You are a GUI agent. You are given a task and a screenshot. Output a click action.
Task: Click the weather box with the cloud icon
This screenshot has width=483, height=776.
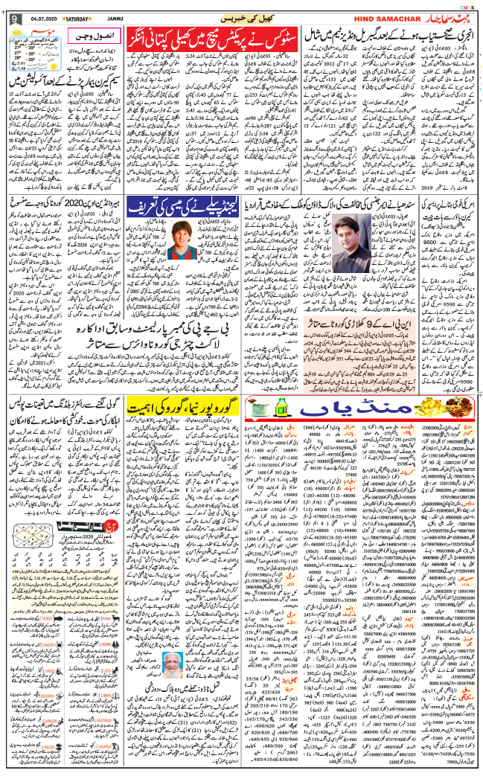tap(32, 49)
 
